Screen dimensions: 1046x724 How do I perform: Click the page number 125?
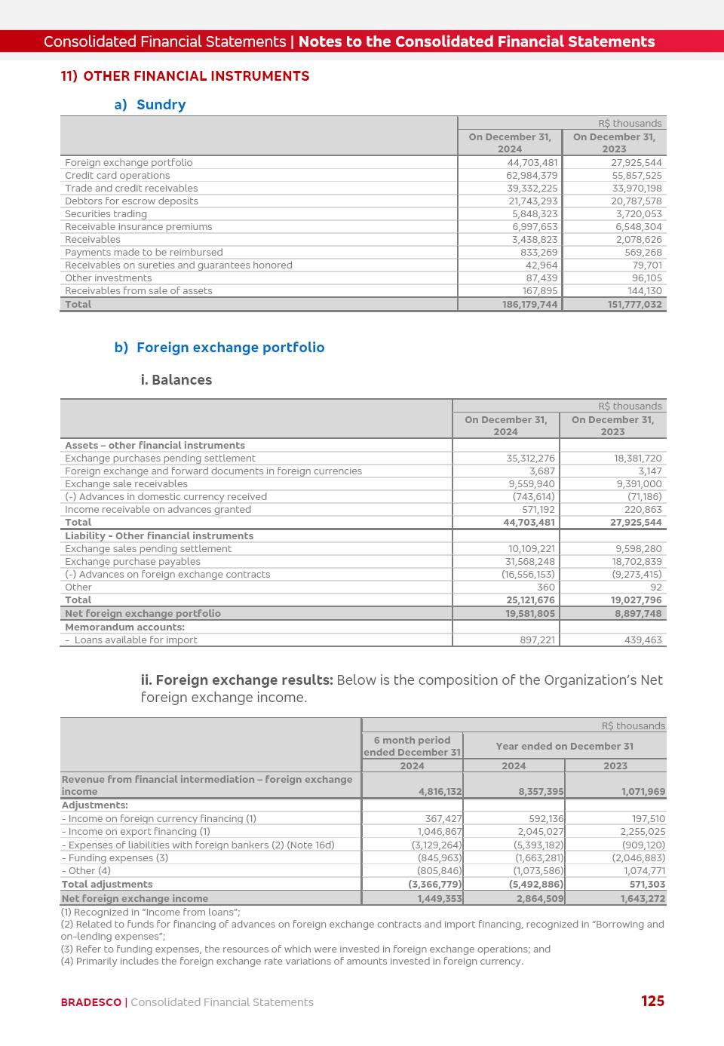pos(652,1001)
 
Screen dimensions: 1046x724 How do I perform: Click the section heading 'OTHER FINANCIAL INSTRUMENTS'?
pos(196,76)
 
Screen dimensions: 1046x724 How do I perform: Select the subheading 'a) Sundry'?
pos(150,105)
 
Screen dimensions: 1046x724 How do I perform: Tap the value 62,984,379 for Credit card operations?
pos(532,176)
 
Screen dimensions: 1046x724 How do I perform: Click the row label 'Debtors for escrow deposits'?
pos(131,201)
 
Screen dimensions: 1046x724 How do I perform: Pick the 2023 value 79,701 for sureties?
pos(647,265)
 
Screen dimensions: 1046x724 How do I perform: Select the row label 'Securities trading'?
pos(106,214)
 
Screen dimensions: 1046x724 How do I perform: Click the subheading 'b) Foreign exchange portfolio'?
pos(219,348)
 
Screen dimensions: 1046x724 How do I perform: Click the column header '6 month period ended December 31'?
pos(412,747)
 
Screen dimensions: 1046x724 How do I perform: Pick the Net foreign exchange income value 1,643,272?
pos(643,899)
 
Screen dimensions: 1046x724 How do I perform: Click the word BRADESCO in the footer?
pos(90,1002)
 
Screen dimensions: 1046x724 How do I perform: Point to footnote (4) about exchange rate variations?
pos(292,962)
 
